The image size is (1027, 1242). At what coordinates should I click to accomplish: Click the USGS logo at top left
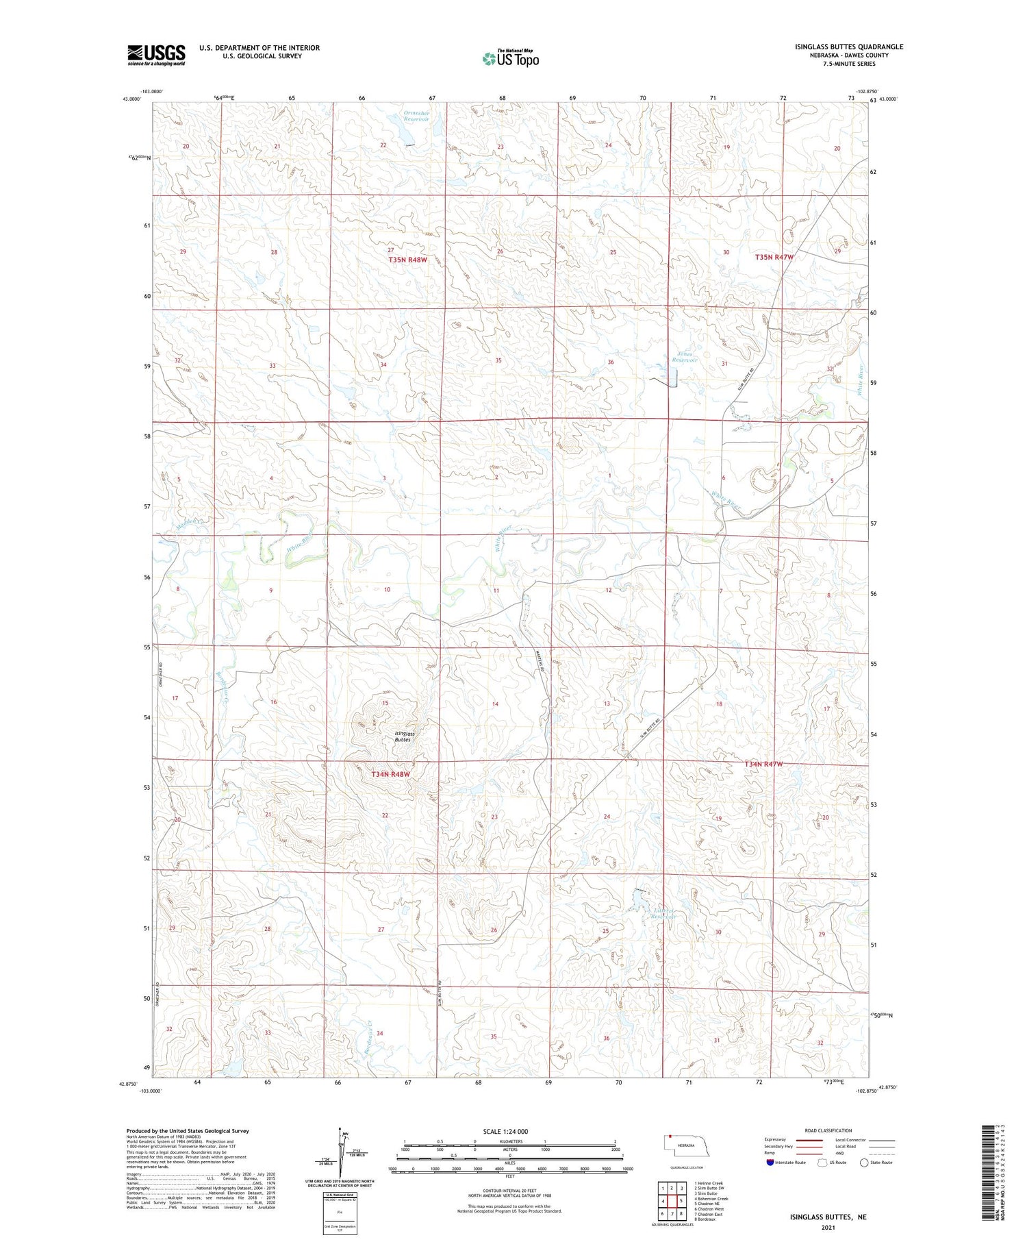(x=156, y=55)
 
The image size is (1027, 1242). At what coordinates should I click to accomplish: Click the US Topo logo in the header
(x=510, y=58)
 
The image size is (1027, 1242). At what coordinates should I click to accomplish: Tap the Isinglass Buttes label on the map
(x=404, y=737)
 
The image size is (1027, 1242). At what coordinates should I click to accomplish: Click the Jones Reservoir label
(x=685, y=357)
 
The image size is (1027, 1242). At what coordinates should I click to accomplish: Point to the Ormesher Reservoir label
(x=416, y=116)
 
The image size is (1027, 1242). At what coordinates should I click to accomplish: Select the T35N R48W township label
(x=407, y=260)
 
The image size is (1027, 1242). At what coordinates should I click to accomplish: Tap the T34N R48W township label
(x=390, y=774)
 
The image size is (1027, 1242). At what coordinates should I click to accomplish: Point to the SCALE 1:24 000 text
(x=505, y=1131)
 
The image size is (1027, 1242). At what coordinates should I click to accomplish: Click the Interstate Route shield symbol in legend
(x=770, y=1163)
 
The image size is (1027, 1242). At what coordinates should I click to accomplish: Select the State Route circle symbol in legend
(x=864, y=1163)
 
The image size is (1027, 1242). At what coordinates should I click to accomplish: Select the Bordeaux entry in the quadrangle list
(x=707, y=1219)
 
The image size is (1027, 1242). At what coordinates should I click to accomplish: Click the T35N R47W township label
(x=774, y=257)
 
